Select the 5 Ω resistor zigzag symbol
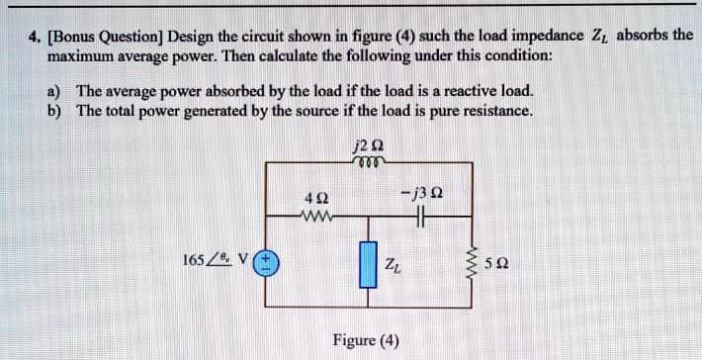pos(484,265)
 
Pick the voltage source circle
pos(267,264)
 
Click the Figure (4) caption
pos(366,341)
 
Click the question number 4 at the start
pos(33,37)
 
